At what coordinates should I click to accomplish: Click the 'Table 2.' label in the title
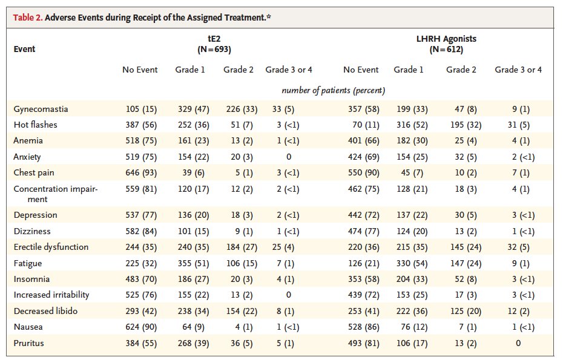tap(28, 18)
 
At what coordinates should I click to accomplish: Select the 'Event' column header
tap(24, 49)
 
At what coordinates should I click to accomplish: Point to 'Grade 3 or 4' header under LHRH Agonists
tap(518, 70)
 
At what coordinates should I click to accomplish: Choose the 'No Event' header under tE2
tap(140, 70)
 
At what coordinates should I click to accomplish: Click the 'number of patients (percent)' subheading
tap(334, 90)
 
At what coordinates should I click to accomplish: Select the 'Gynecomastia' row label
tap(41, 109)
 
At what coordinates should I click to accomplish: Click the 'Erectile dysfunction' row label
tap(51, 247)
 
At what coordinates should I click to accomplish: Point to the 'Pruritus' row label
tap(28, 343)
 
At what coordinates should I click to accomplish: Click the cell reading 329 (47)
tap(190, 109)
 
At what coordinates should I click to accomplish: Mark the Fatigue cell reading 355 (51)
tap(190, 263)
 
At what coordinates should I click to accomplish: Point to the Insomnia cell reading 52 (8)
tap(461, 279)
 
